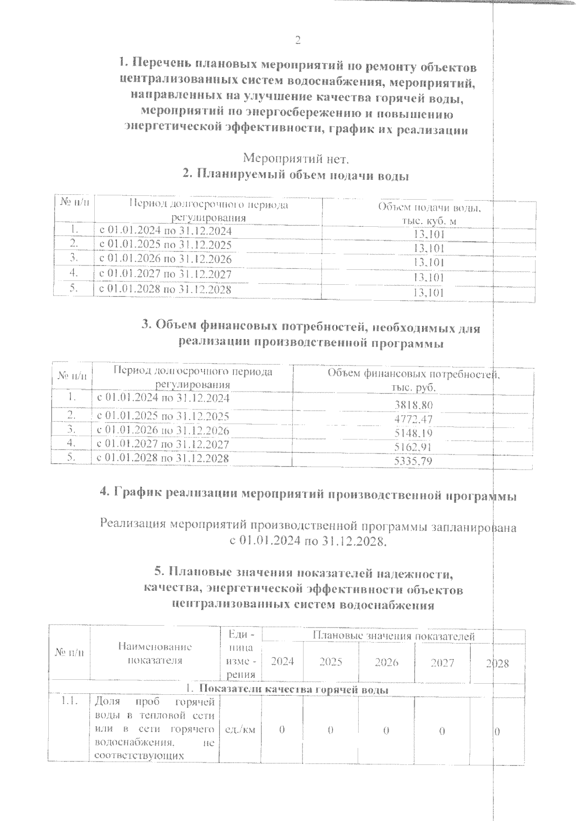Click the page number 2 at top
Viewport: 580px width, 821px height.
pos(298,41)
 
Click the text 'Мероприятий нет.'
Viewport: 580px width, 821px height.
pos(295,158)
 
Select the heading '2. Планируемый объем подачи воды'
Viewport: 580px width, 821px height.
pos(296,175)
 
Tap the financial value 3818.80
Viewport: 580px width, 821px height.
pos(413,405)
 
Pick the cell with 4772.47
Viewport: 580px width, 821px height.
pos(413,419)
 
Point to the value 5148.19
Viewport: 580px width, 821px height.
pos(413,433)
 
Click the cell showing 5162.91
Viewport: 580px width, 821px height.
pos(413,447)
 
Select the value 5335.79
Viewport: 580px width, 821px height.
pos(413,461)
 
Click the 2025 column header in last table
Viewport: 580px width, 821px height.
pos(331,662)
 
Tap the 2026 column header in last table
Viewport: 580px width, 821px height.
pos(387,662)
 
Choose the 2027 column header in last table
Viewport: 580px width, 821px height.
pos(442,662)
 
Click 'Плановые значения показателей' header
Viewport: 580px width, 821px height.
pos(393,636)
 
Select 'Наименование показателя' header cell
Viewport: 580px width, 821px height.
pos(155,653)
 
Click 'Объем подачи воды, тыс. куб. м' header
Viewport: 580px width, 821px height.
pos(429,214)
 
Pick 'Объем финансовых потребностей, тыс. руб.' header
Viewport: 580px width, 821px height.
pos(413,381)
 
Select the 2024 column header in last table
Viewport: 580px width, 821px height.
pos(283,662)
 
